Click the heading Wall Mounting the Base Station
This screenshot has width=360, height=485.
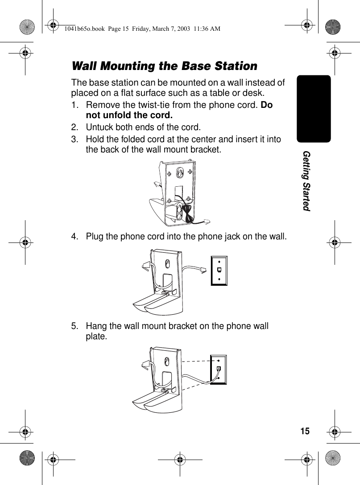[x=164, y=66]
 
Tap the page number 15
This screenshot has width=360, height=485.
[x=305, y=431]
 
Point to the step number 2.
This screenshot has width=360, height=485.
[x=75, y=128]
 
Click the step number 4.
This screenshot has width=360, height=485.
[x=75, y=236]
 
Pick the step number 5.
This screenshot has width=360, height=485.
[x=75, y=326]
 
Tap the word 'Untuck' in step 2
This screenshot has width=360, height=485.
[x=99, y=128]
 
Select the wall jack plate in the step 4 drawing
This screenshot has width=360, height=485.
[x=219, y=271]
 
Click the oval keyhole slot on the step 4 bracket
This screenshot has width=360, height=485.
[x=167, y=263]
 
